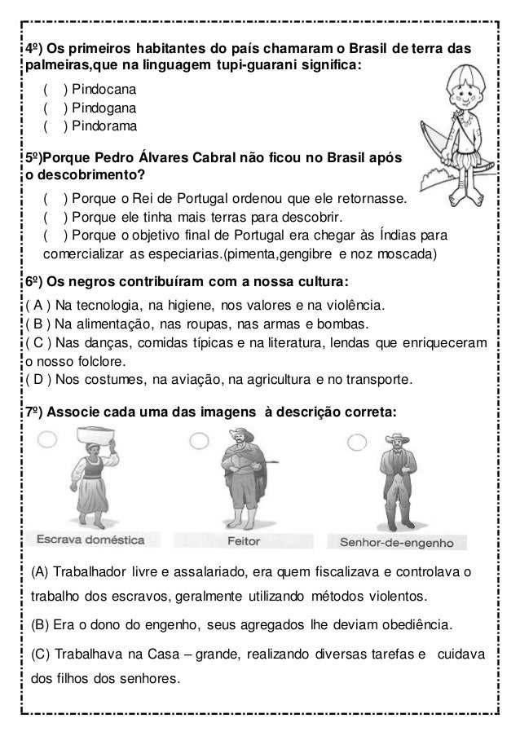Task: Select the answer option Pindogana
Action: click(x=102, y=107)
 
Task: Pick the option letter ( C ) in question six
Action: click(x=37, y=343)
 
